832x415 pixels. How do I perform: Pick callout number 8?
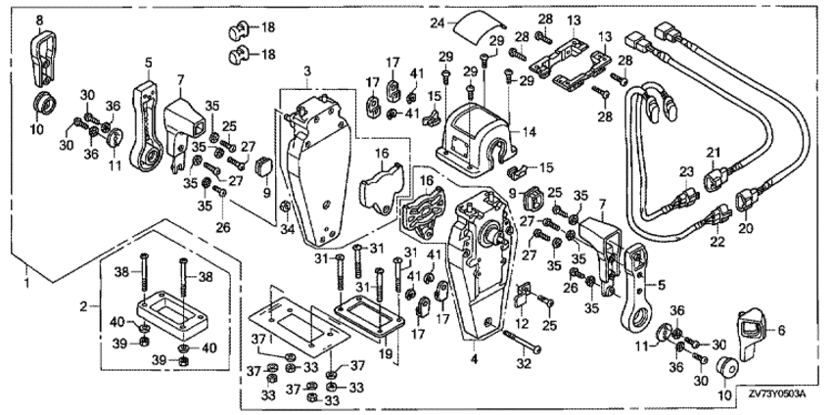pos(40,19)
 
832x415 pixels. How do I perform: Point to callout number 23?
pos(687,172)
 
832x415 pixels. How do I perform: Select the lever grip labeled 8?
pos(43,56)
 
